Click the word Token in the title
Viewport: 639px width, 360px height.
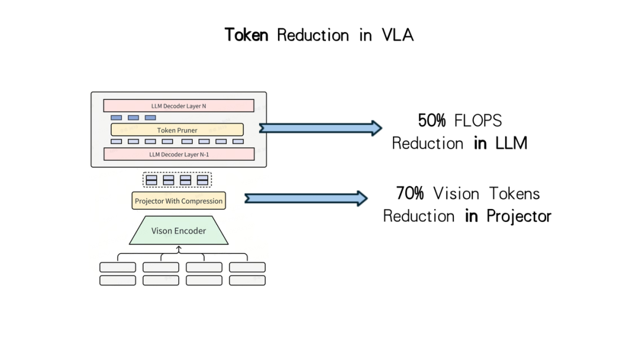tap(247, 35)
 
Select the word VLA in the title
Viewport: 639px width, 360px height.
tap(398, 35)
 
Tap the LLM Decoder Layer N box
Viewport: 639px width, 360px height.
tap(179, 105)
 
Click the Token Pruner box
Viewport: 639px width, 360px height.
tap(177, 130)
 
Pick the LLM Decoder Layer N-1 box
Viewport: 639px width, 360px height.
tap(179, 154)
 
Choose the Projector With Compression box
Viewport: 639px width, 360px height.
tap(179, 201)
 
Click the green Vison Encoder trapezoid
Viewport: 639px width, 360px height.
tap(179, 230)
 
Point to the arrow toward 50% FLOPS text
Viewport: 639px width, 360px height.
tap(321, 128)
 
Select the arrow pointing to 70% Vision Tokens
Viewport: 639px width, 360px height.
tap(306, 198)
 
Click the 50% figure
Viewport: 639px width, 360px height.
tap(432, 121)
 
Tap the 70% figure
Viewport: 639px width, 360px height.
tap(410, 193)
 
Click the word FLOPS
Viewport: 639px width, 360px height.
tap(478, 121)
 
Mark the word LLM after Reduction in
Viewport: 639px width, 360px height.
tap(511, 143)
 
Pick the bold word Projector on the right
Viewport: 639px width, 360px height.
tap(519, 217)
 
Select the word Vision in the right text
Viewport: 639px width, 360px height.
tap(456, 193)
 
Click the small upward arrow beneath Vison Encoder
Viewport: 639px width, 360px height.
tap(179, 249)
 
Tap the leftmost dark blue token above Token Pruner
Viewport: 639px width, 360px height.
tap(116, 118)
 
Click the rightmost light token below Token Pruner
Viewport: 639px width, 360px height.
tap(238, 142)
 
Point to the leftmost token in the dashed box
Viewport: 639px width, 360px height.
tap(151, 180)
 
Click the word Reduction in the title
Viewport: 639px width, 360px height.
tap(313, 35)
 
